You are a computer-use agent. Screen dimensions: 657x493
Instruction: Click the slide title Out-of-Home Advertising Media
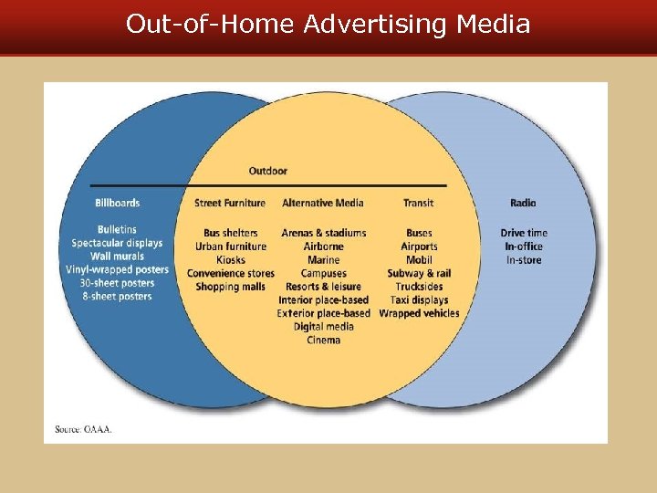(328, 24)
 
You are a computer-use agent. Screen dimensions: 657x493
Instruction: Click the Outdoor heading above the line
(268, 171)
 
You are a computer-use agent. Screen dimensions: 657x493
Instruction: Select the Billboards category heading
(118, 203)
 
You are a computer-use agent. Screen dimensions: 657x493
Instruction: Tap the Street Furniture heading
(230, 203)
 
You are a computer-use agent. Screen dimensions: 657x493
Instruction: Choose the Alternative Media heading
(323, 203)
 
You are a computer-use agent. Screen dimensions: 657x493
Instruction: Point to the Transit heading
(419, 203)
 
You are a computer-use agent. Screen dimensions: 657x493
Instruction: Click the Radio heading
(524, 203)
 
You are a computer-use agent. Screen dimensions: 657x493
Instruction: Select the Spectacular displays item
(117, 243)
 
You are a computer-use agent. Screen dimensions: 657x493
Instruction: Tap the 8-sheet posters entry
(116, 297)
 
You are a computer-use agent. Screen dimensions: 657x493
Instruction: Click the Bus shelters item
(231, 233)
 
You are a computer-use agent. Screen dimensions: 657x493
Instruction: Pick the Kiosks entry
(231, 260)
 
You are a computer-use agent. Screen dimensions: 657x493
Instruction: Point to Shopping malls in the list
(231, 287)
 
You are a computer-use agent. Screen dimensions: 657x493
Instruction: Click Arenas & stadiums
(324, 233)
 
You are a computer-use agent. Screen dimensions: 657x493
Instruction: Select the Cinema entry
(324, 340)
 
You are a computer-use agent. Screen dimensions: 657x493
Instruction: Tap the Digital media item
(324, 327)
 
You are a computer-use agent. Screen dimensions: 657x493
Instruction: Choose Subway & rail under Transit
(419, 273)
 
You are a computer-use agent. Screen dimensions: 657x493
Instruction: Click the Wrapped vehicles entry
(419, 313)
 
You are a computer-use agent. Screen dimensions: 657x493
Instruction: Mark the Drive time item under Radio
(524, 233)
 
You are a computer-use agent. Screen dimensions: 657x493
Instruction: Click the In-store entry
(524, 260)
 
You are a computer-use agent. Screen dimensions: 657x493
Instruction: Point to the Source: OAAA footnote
(84, 429)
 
